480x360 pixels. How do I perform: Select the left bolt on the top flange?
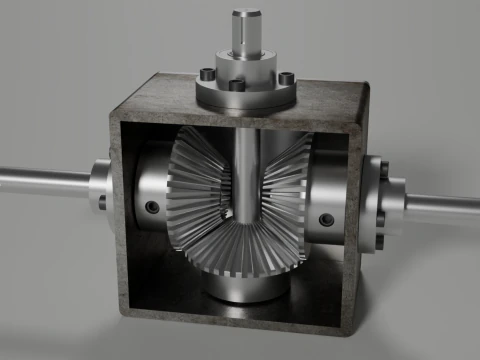[x=205, y=74]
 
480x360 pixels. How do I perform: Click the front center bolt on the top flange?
[x=237, y=86]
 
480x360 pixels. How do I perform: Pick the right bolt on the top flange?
[x=286, y=78]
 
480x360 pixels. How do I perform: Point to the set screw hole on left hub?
[x=151, y=207]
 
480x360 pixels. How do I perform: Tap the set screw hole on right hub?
[x=324, y=219]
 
